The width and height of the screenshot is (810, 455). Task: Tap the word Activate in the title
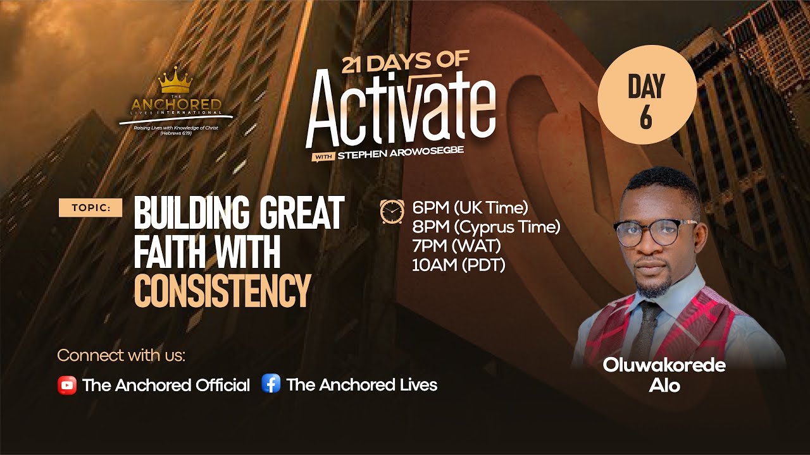coord(400,109)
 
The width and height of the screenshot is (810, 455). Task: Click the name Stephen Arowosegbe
coord(396,151)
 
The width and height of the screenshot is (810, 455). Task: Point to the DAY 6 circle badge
coord(647,95)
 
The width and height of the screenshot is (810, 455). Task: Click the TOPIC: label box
coord(90,207)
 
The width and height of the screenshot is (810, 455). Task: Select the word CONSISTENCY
coord(222,290)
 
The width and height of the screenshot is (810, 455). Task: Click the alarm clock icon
coord(392,211)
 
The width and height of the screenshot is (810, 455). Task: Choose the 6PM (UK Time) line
coord(470,207)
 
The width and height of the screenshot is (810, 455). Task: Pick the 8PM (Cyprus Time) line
coord(485,226)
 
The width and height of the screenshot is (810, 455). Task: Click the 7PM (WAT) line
coord(456,246)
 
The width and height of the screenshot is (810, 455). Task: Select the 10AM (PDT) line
coord(458,265)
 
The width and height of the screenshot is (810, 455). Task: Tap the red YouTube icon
coord(66,385)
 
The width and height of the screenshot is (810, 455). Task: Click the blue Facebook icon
coord(271,384)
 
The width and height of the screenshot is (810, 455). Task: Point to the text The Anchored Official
coord(166,385)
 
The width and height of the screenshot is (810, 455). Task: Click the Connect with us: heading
coord(121,355)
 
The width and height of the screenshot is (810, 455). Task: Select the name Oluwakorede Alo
coord(663,375)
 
